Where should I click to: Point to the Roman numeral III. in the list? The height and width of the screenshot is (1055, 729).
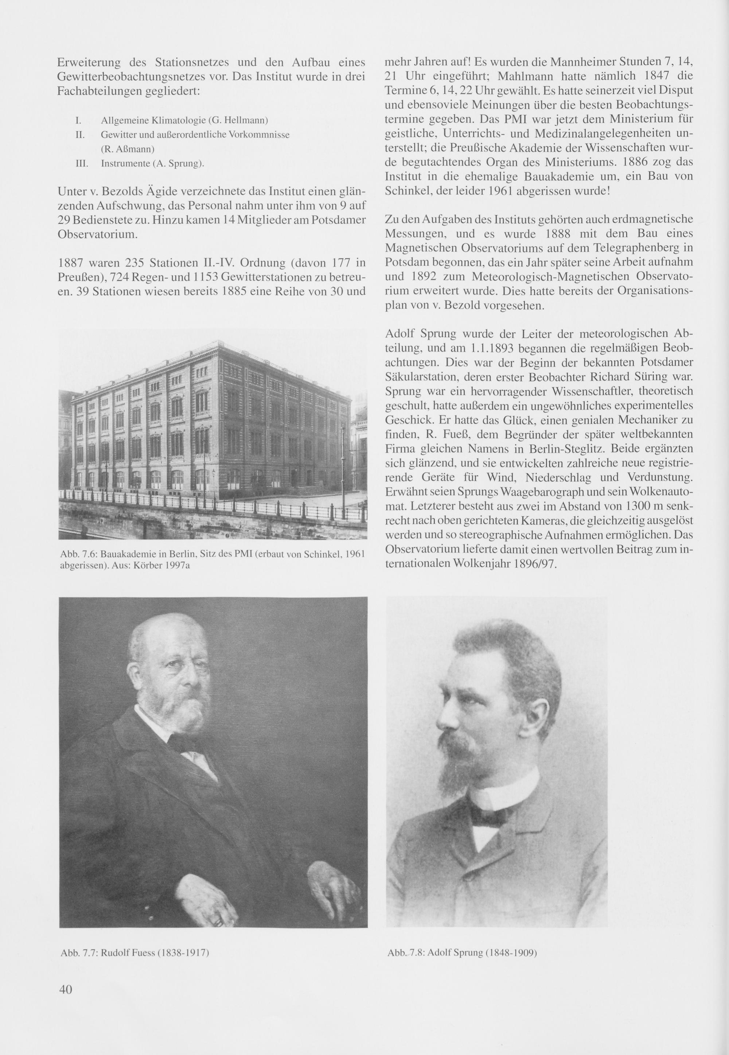click(x=81, y=163)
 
